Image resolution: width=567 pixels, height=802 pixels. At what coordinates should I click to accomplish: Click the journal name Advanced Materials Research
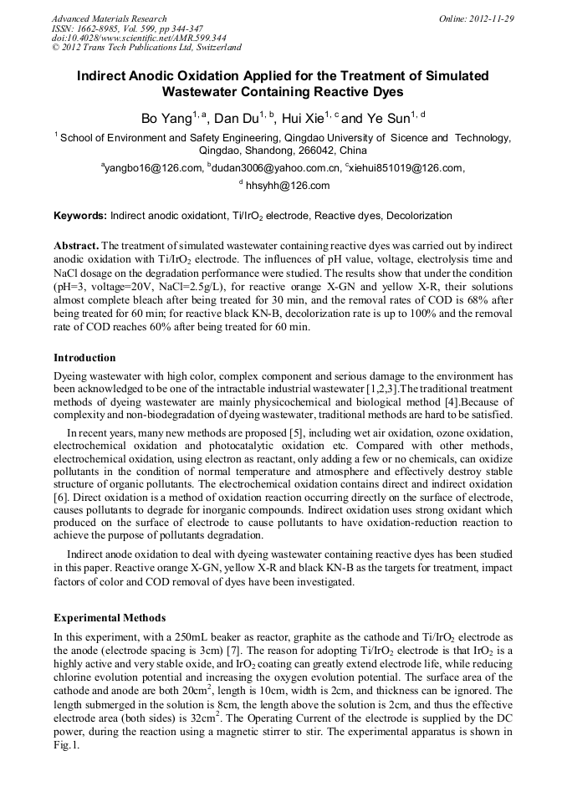click(109, 18)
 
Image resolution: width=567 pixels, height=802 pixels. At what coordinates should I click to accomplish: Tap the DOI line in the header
click(139, 38)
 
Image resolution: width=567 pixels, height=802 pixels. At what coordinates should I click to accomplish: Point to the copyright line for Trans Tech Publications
click(146, 48)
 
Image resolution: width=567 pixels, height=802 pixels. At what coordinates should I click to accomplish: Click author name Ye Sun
click(389, 119)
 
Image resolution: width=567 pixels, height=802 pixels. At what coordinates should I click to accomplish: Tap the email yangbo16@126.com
click(154, 168)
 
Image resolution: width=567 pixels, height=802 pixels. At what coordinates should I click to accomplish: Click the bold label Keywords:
click(80, 216)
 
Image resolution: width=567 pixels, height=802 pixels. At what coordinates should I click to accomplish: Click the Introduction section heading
click(84, 357)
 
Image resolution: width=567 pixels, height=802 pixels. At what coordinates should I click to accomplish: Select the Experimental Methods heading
click(110, 618)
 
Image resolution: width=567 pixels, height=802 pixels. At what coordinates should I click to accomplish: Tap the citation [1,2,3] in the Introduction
click(378, 390)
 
